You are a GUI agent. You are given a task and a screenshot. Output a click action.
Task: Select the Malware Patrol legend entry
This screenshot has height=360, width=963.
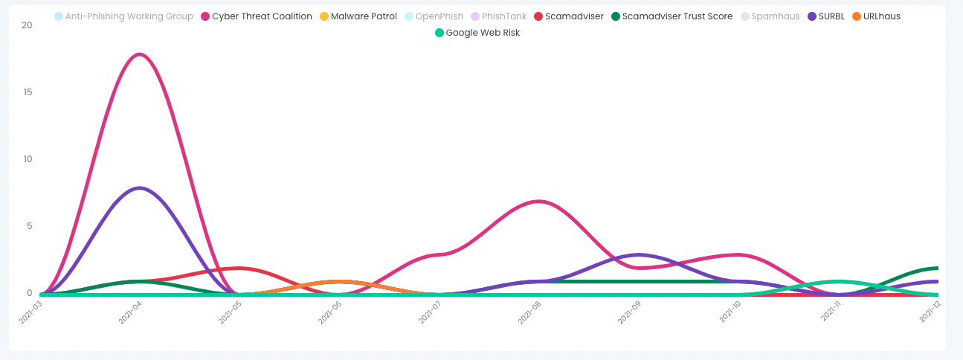(358, 16)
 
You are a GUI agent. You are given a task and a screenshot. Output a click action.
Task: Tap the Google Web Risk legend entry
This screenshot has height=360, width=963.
(477, 33)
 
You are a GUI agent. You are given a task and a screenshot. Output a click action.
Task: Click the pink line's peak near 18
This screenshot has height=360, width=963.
(140, 54)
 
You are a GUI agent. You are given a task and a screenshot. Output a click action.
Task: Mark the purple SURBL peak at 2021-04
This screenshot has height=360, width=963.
(140, 188)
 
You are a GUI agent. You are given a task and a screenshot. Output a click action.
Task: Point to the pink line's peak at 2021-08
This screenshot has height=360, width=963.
(539, 202)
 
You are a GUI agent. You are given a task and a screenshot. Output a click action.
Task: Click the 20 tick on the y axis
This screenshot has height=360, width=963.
(28, 25)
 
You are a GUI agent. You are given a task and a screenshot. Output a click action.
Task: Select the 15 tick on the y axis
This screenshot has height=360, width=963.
(28, 92)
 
